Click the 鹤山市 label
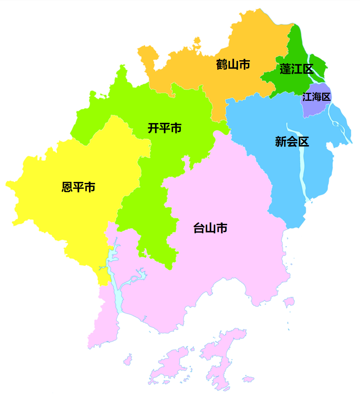[233, 65]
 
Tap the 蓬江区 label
[296, 70]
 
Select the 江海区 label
[316, 97]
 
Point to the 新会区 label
[292, 142]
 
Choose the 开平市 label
[164, 128]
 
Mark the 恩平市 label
[78, 187]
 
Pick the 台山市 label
[210, 228]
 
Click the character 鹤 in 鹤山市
[222, 65]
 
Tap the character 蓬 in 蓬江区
[285, 70]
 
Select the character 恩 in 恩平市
[67, 187]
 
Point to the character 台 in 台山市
[199, 228]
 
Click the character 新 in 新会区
[281, 142]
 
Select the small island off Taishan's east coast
[289, 302]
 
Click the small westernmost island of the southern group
[128, 359]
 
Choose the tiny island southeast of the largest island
[248, 379]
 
